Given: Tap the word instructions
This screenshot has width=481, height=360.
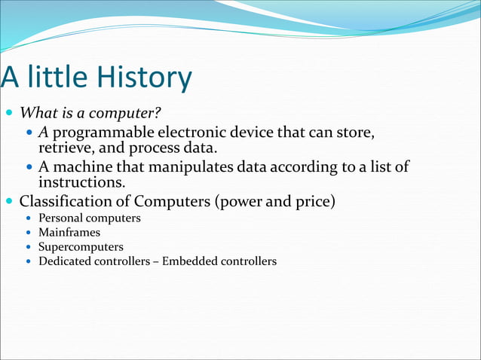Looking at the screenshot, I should click(81, 182).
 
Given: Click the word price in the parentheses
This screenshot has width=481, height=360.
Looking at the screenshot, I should click(313, 201).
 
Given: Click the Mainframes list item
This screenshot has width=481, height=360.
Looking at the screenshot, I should click(69, 233).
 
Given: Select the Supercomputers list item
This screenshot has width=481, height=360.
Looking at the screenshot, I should click(81, 247).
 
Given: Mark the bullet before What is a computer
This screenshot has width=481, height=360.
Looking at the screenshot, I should click(9, 114).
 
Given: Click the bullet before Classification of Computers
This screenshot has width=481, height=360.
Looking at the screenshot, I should click(9, 202).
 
